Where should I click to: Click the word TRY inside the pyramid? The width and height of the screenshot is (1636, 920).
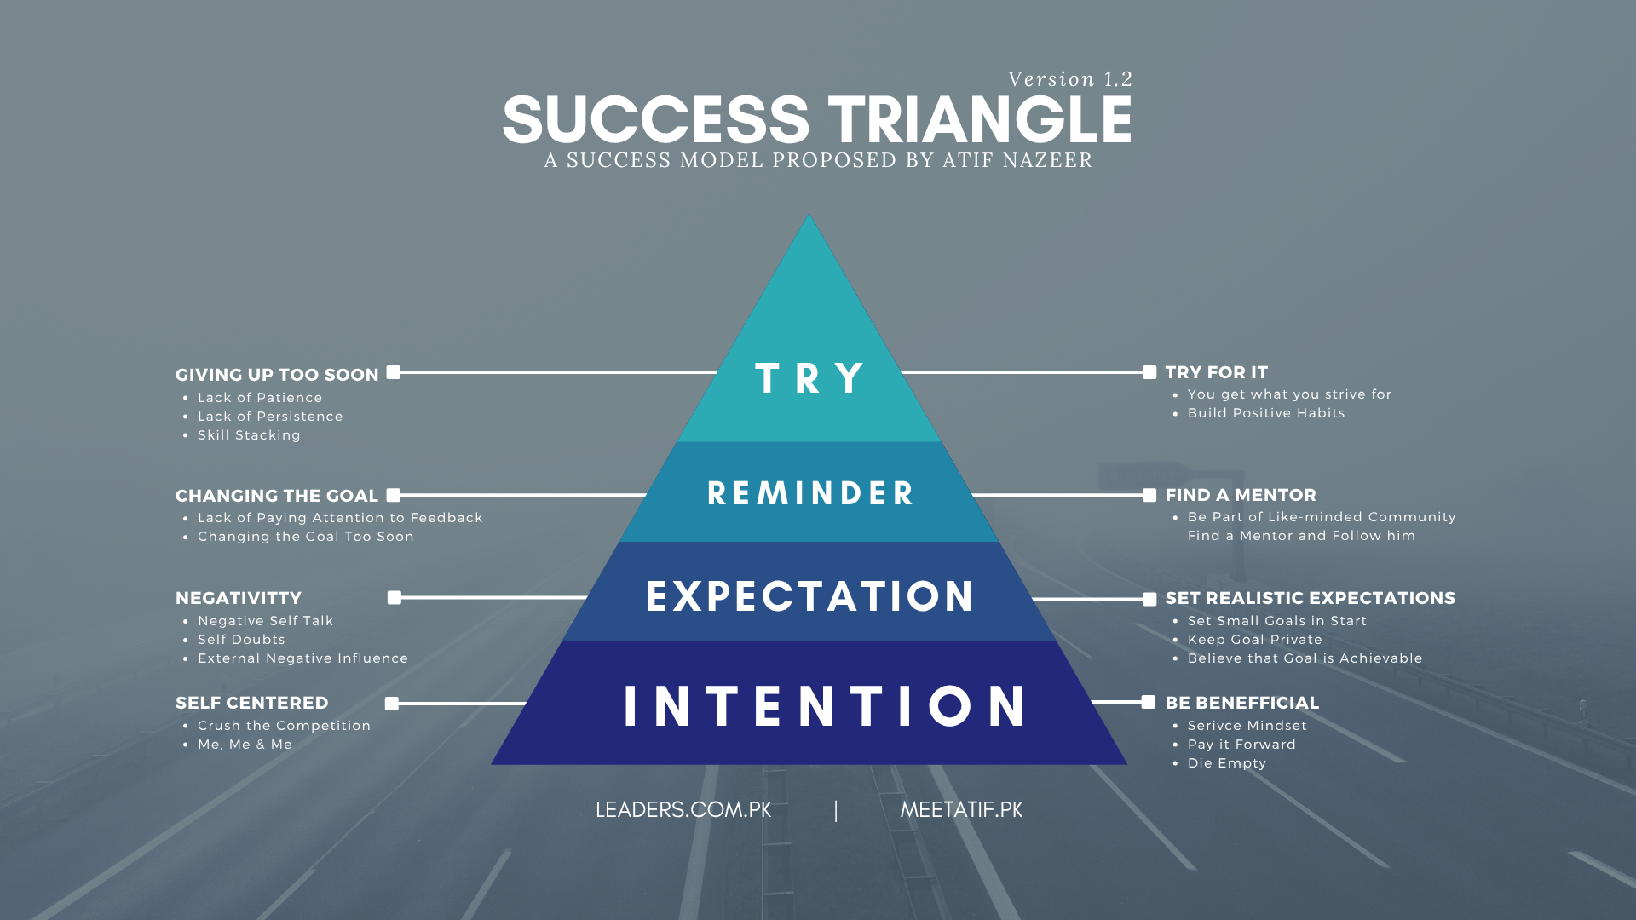(809, 378)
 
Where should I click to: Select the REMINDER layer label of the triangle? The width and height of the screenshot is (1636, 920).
(810, 493)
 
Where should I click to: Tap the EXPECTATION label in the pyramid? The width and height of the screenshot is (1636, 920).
(809, 596)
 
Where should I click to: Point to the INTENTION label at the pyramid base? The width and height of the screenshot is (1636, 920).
(825, 706)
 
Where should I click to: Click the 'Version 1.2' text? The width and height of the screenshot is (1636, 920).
(1070, 79)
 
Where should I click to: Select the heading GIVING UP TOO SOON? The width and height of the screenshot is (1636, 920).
(277, 375)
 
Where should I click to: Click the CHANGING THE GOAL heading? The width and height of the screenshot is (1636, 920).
(277, 496)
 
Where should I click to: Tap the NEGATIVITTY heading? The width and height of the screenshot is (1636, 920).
(239, 598)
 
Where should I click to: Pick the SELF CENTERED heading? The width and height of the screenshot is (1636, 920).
(252, 703)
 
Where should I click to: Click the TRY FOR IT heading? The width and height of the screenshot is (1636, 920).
(1217, 372)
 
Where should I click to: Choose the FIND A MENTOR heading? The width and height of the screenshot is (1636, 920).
(1241, 495)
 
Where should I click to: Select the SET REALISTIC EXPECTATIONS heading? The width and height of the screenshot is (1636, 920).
(1311, 598)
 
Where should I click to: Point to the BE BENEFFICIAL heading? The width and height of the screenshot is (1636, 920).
(1242, 703)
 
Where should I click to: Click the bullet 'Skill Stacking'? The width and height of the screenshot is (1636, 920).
(249, 435)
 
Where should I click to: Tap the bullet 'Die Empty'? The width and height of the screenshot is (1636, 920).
(1227, 763)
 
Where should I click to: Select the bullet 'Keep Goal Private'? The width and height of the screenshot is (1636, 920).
(1255, 640)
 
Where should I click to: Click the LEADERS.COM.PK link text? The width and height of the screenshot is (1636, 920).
(683, 810)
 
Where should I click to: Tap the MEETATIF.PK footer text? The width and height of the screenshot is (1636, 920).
(961, 810)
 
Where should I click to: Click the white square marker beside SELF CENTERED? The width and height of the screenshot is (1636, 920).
(392, 704)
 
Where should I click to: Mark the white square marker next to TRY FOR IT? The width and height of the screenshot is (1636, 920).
(1149, 372)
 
